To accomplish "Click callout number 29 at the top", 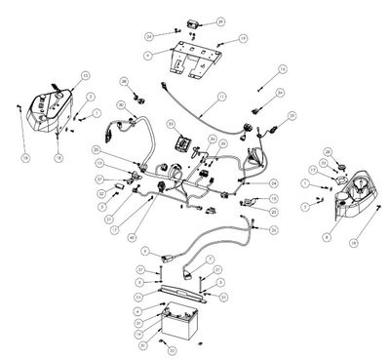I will [x=220, y=20].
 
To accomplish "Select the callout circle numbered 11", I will [x=221, y=97].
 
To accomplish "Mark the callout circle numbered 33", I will [x=171, y=125].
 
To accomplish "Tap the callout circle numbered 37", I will [x=99, y=179].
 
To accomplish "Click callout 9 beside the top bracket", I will [x=146, y=57].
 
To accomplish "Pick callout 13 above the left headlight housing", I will [x=85, y=74].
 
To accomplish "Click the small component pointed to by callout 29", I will [x=192, y=21].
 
